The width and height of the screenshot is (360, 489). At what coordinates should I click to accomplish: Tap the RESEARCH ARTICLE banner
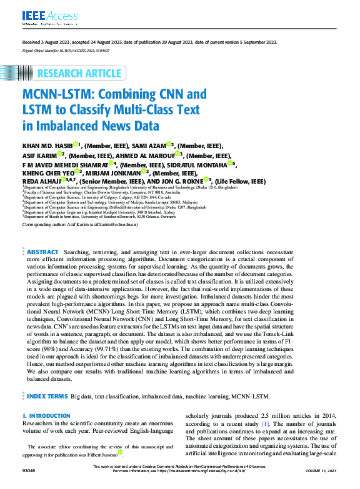click(79, 74)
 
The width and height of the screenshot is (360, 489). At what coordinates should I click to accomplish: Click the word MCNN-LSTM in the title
click(56, 96)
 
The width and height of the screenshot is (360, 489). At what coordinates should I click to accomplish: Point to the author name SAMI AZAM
click(149, 145)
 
